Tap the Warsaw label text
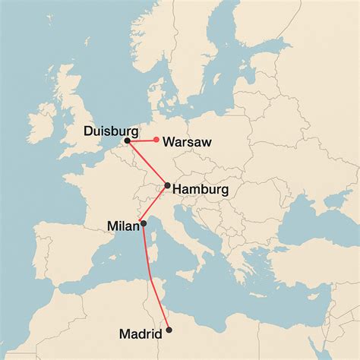(x=187, y=142)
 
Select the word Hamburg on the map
(x=201, y=189)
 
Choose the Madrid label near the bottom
(x=141, y=334)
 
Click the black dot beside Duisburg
(x=128, y=141)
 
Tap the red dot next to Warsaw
(x=156, y=140)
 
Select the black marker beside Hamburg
(x=168, y=185)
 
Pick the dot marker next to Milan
(x=144, y=224)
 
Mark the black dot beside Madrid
(x=169, y=330)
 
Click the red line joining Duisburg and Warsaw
(x=142, y=141)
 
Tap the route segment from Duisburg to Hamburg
(x=147, y=163)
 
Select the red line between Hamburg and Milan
(x=156, y=205)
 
